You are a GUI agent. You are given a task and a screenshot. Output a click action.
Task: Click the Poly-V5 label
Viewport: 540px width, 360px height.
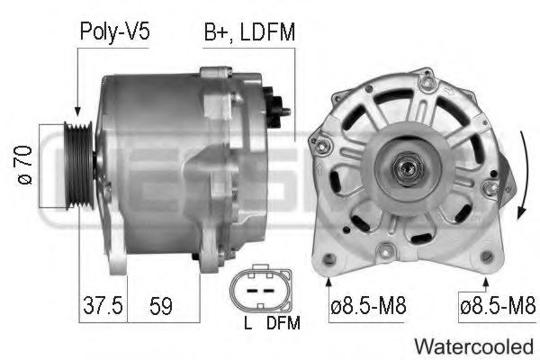click(113, 32)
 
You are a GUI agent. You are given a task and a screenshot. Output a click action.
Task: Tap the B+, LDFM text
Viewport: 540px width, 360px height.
click(249, 32)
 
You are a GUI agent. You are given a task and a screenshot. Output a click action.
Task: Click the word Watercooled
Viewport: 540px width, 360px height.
click(474, 345)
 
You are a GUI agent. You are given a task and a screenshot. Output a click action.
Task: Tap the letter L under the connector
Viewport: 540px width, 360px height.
click(246, 322)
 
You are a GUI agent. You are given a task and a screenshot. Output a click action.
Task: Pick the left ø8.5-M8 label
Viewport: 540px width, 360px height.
click(368, 307)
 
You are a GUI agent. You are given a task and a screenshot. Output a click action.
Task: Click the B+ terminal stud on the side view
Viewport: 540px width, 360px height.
click(285, 112)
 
